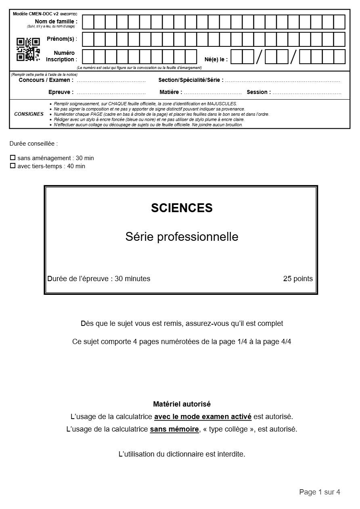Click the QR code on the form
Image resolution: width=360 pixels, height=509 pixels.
pyautogui.click(x=28, y=49)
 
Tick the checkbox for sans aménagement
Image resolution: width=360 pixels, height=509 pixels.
pyautogui.click(x=13, y=158)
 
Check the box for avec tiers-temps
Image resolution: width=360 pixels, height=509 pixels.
pyautogui.click(x=13, y=166)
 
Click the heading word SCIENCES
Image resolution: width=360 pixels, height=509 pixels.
pyautogui.click(x=182, y=208)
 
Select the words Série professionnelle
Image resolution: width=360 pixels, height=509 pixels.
pyautogui.click(x=182, y=237)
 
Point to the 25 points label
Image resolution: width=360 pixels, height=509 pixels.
pyautogui.click(x=297, y=279)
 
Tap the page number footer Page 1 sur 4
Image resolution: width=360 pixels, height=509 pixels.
pyautogui.click(x=319, y=492)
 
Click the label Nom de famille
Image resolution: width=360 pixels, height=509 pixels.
pyautogui.click(x=56, y=22)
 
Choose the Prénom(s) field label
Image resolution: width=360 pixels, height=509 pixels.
pyautogui.click(x=62, y=39)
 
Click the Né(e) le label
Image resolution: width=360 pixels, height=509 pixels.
pyautogui.click(x=216, y=60)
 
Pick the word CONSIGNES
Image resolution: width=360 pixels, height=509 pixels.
pyautogui.click(x=29, y=114)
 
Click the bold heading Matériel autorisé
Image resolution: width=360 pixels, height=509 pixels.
pyautogui.click(x=182, y=404)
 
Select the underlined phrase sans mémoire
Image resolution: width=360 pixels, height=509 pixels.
pyautogui.click(x=174, y=429)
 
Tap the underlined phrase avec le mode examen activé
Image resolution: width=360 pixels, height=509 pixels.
pyautogui.click(x=203, y=417)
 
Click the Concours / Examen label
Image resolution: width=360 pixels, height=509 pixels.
pyautogui.click(x=46, y=80)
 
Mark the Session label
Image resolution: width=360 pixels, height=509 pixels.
pyautogui.click(x=259, y=92)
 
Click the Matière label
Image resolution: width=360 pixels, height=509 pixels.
pyautogui.click(x=171, y=92)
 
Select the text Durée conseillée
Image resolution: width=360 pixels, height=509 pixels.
pyautogui.click(x=33, y=144)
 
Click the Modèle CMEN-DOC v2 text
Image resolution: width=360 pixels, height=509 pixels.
pyautogui.click(x=36, y=14)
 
